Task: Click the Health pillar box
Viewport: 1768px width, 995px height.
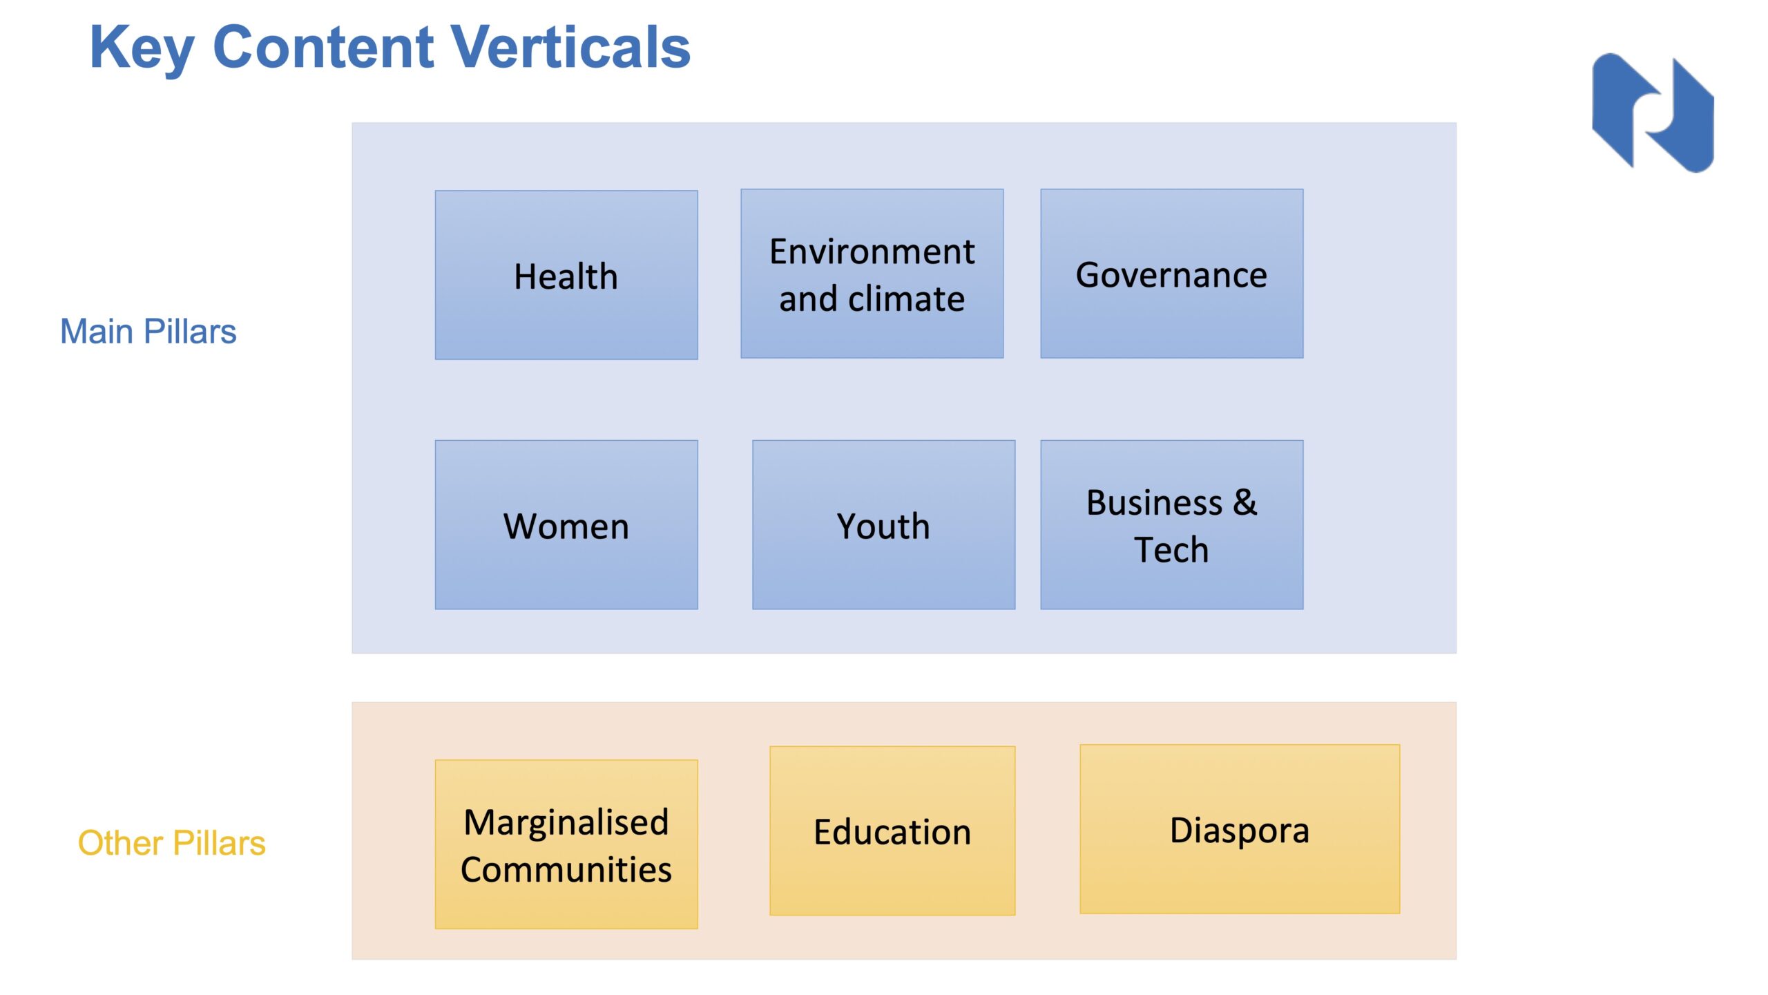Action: pyautogui.click(x=566, y=275)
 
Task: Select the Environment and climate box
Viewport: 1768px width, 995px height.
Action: pyautogui.click(x=872, y=274)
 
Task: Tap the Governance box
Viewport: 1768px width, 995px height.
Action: pyautogui.click(x=1172, y=274)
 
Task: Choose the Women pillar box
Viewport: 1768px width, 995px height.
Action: pyautogui.click(x=566, y=525)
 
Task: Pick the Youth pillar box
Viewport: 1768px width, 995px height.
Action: pyautogui.click(x=884, y=525)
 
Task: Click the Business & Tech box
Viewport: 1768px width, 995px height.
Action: pyautogui.click(x=1172, y=525)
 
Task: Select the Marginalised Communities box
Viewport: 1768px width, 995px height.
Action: pyautogui.click(x=566, y=844)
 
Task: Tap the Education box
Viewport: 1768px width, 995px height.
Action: pyautogui.click(x=892, y=831)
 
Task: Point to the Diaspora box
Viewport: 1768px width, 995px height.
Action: pyautogui.click(x=1240, y=829)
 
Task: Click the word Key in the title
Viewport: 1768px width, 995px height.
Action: pyautogui.click(x=142, y=48)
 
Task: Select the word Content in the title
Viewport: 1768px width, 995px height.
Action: pyautogui.click(x=323, y=47)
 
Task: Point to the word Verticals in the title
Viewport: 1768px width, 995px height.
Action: pyautogui.click(x=571, y=47)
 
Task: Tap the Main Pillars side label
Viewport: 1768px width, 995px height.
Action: pyautogui.click(x=148, y=331)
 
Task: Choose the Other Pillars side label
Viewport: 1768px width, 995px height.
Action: pyautogui.click(x=172, y=843)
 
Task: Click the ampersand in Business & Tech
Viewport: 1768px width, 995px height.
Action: pyautogui.click(x=1245, y=502)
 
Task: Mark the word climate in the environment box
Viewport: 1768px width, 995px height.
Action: pyautogui.click(x=906, y=298)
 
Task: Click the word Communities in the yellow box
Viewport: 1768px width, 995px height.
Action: pyautogui.click(x=566, y=869)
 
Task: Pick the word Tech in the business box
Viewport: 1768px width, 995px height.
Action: pyautogui.click(x=1171, y=550)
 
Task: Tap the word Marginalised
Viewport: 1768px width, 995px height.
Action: pyautogui.click(x=566, y=822)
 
